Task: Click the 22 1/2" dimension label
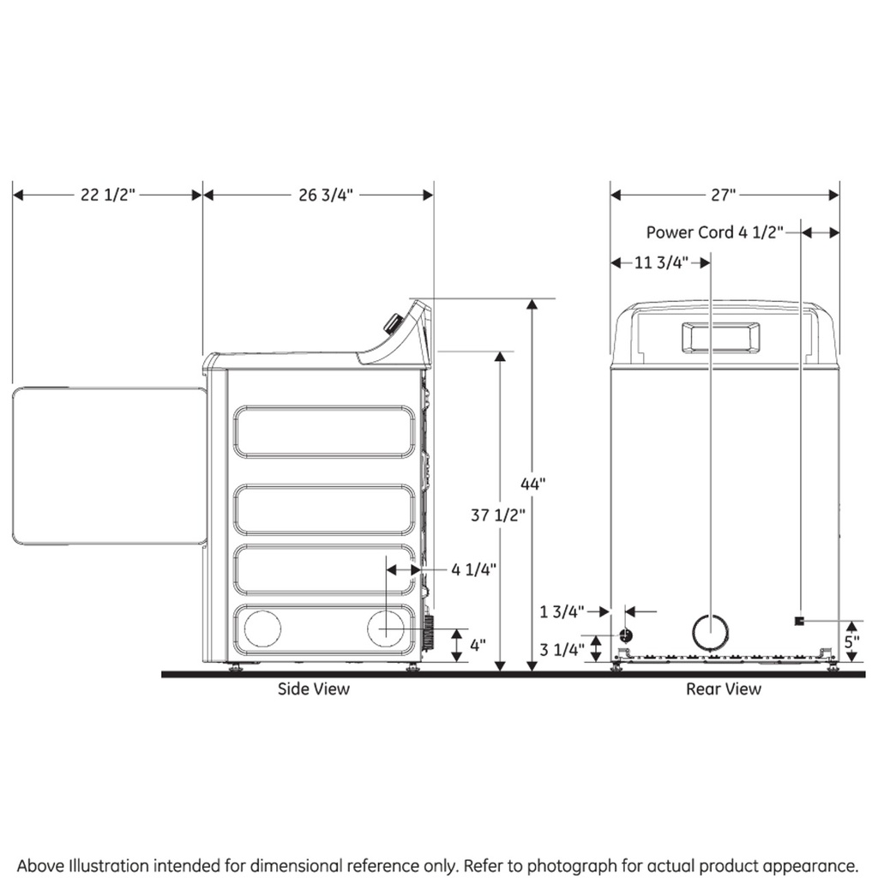108,195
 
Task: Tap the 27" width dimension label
724,195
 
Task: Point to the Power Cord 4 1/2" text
715,232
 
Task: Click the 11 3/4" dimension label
661,263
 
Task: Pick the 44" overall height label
532,484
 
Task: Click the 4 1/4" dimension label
474,568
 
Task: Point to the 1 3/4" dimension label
562,611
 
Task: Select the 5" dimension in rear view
851,640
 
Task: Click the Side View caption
314,689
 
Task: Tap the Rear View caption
723,689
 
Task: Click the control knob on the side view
393,323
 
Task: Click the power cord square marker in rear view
799,620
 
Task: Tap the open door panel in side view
110,465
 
